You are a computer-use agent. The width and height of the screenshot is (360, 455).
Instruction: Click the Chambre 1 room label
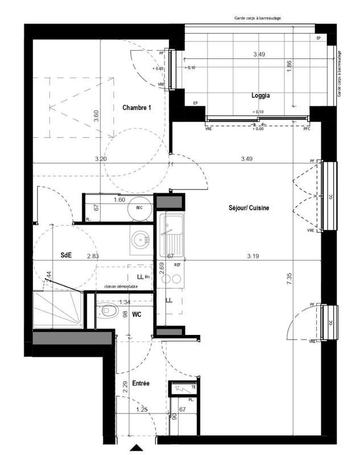pyautogui.click(x=136, y=107)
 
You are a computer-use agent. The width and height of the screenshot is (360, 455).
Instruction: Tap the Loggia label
pyautogui.click(x=260, y=96)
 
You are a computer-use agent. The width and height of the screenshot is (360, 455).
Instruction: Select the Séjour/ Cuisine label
pyautogui.click(x=245, y=208)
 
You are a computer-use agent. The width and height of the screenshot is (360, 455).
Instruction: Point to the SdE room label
pyautogui.click(x=66, y=255)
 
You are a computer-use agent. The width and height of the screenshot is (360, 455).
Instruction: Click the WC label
pyautogui.click(x=136, y=313)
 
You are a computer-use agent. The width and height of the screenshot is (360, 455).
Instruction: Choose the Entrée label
pyautogui.click(x=140, y=384)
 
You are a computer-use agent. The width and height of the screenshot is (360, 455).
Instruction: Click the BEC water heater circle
pyautogui.click(x=138, y=208)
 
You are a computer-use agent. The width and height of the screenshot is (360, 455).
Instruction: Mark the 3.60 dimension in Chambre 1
pyautogui.click(x=96, y=115)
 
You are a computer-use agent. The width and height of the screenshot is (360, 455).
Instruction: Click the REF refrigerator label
pyautogui.click(x=177, y=265)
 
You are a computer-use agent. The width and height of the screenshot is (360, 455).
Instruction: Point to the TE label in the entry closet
pyautogui.click(x=193, y=387)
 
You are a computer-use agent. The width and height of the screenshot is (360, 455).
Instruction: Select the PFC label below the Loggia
pyautogui.click(x=307, y=129)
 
